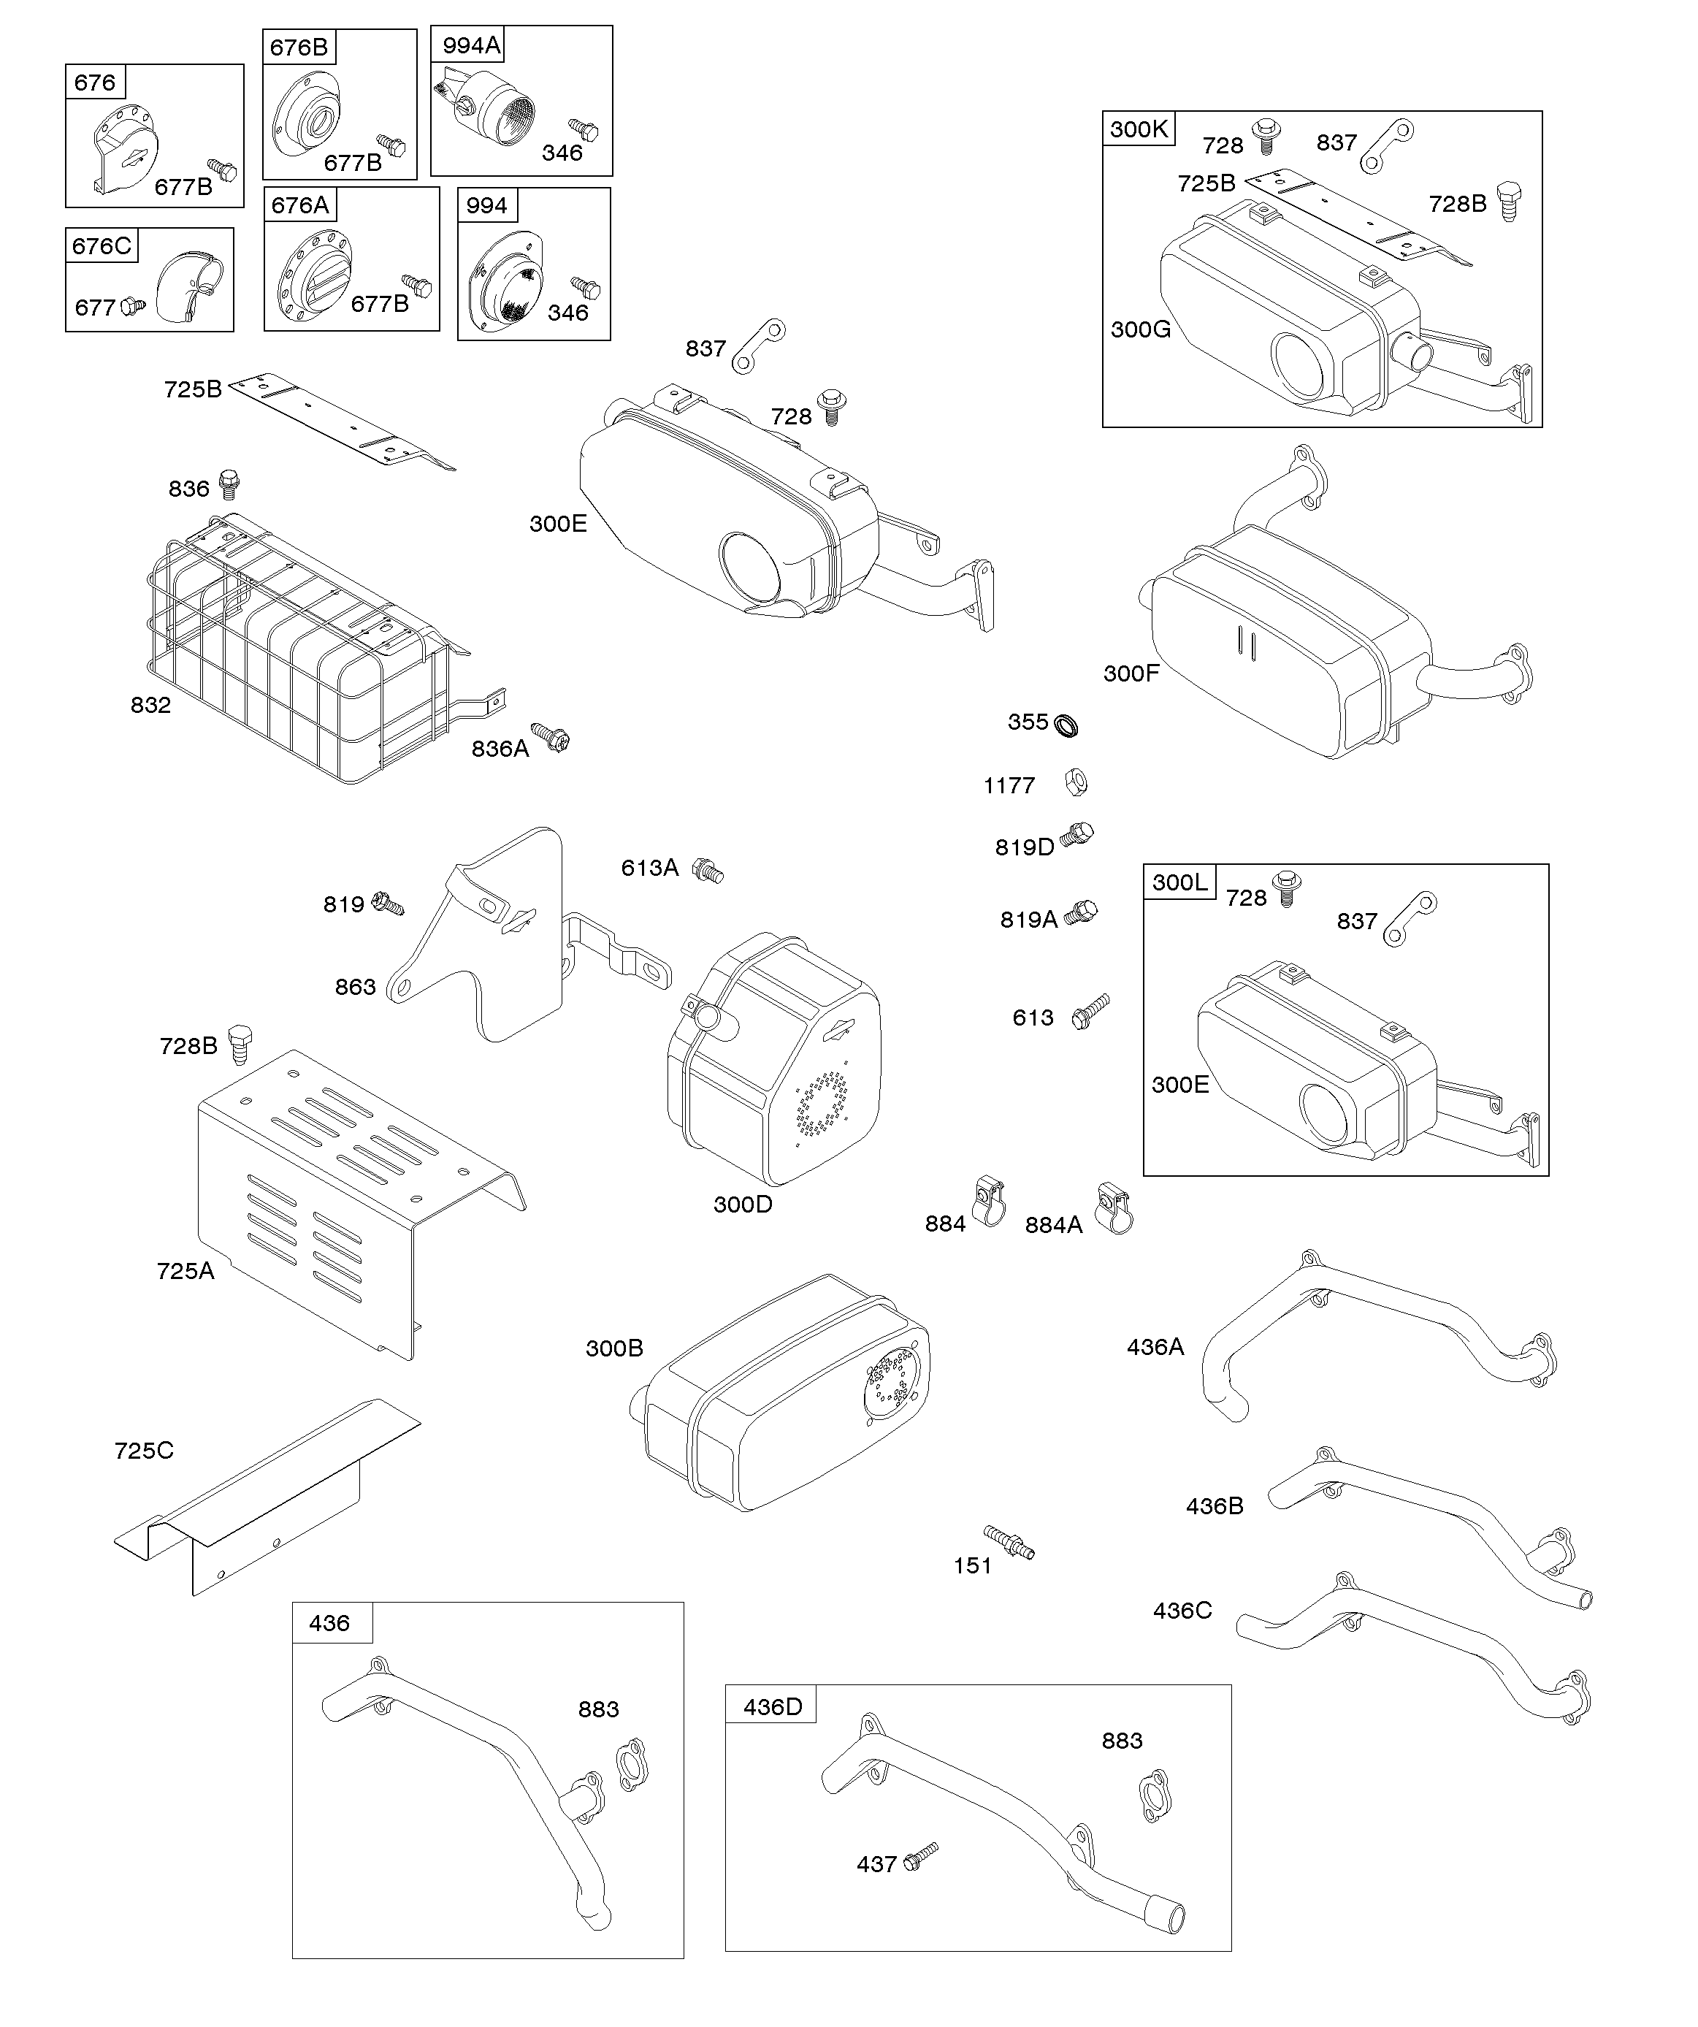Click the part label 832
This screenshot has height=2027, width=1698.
click(x=150, y=706)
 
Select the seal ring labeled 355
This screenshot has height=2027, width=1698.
click(x=1066, y=725)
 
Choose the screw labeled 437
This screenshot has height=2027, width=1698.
click(x=922, y=1855)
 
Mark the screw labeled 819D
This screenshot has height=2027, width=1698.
click(x=1076, y=835)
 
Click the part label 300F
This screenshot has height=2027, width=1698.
click(x=1131, y=673)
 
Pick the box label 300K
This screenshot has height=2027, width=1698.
click(x=1139, y=129)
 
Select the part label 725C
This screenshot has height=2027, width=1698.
click(x=144, y=1451)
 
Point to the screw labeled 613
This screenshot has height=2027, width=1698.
click(x=1091, y=1012)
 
